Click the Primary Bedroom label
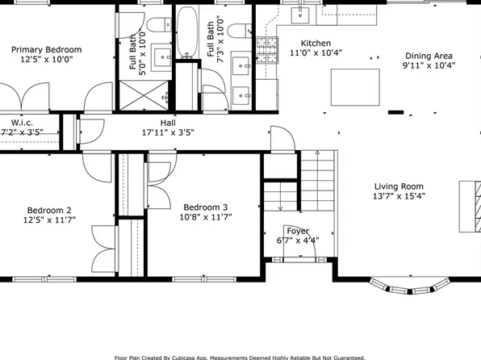point(46,49)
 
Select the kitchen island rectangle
point(355,86)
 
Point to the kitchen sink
point(303,14)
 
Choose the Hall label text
point(168,122)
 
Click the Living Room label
point(398,185)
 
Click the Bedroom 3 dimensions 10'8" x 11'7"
point(205,216)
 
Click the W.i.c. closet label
point(21,122)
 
